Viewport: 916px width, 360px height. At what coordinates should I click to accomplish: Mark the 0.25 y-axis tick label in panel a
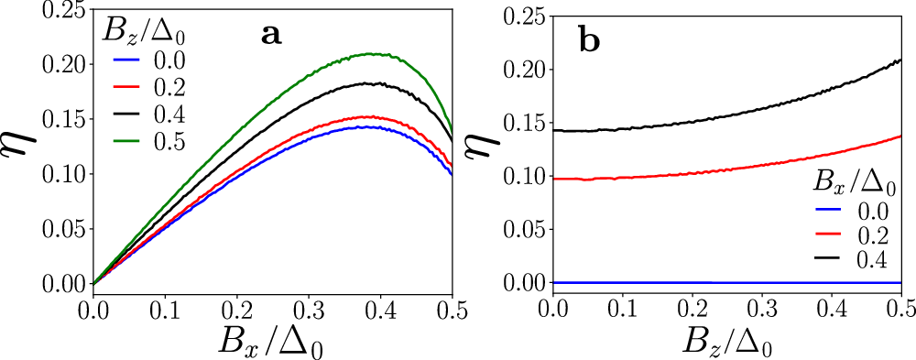65,10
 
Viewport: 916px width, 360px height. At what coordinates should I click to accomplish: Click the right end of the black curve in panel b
901,60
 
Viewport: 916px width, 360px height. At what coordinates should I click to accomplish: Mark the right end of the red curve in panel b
901,136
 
